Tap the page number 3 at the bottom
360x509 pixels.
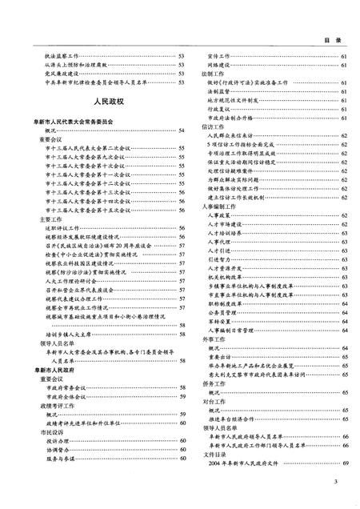coord(338,480)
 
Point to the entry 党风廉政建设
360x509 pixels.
coord(62,73)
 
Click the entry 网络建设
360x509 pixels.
coord(219,65)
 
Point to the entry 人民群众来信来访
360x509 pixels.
coord(239,135)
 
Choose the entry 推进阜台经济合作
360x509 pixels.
coord(238,395)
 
